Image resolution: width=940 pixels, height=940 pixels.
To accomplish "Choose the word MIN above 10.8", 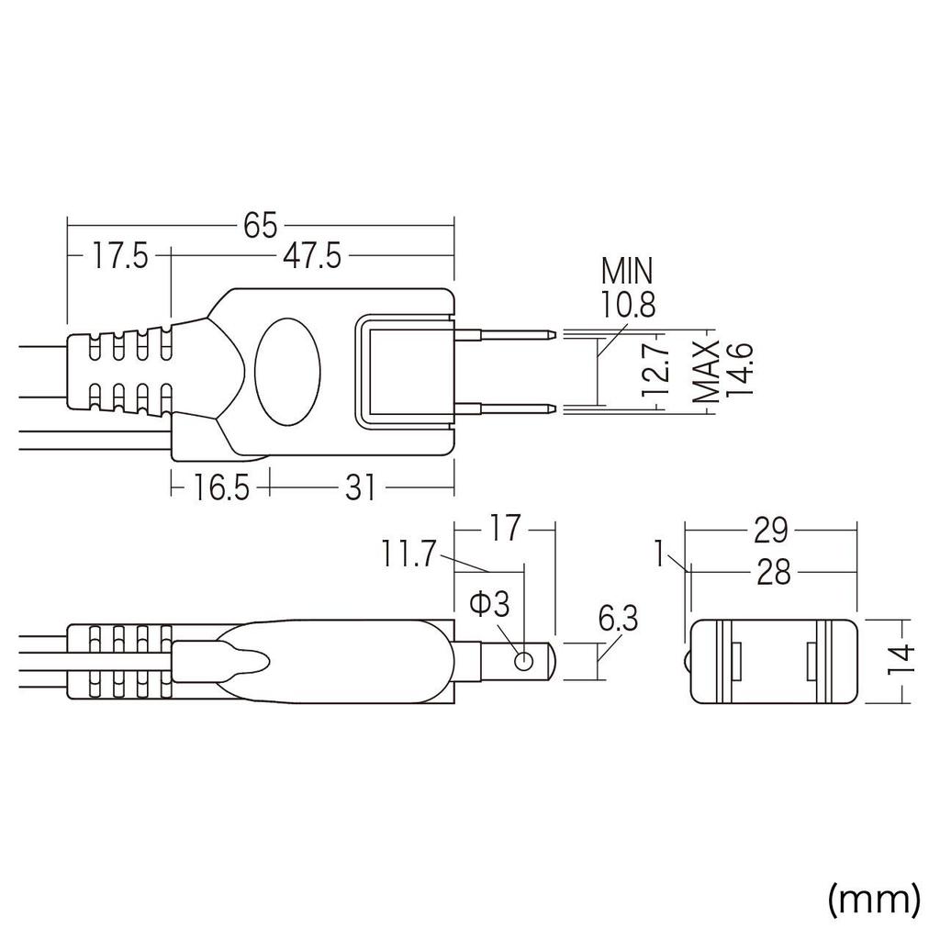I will pyautogui.click(x=627, y=272).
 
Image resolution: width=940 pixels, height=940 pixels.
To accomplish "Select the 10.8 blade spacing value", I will pyautogui.click(x=628, y=304).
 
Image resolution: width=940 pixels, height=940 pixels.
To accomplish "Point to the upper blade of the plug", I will pyautogui.click(x=505, y=333).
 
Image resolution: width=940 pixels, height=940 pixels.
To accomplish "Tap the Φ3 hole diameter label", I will pyautogui.click(x=487, y=606).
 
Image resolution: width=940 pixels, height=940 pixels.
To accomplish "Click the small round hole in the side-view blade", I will pyautogui.click(x=524, y=660).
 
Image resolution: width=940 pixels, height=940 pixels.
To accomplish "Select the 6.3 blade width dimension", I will pyautogui.click(x=617, y=620).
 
